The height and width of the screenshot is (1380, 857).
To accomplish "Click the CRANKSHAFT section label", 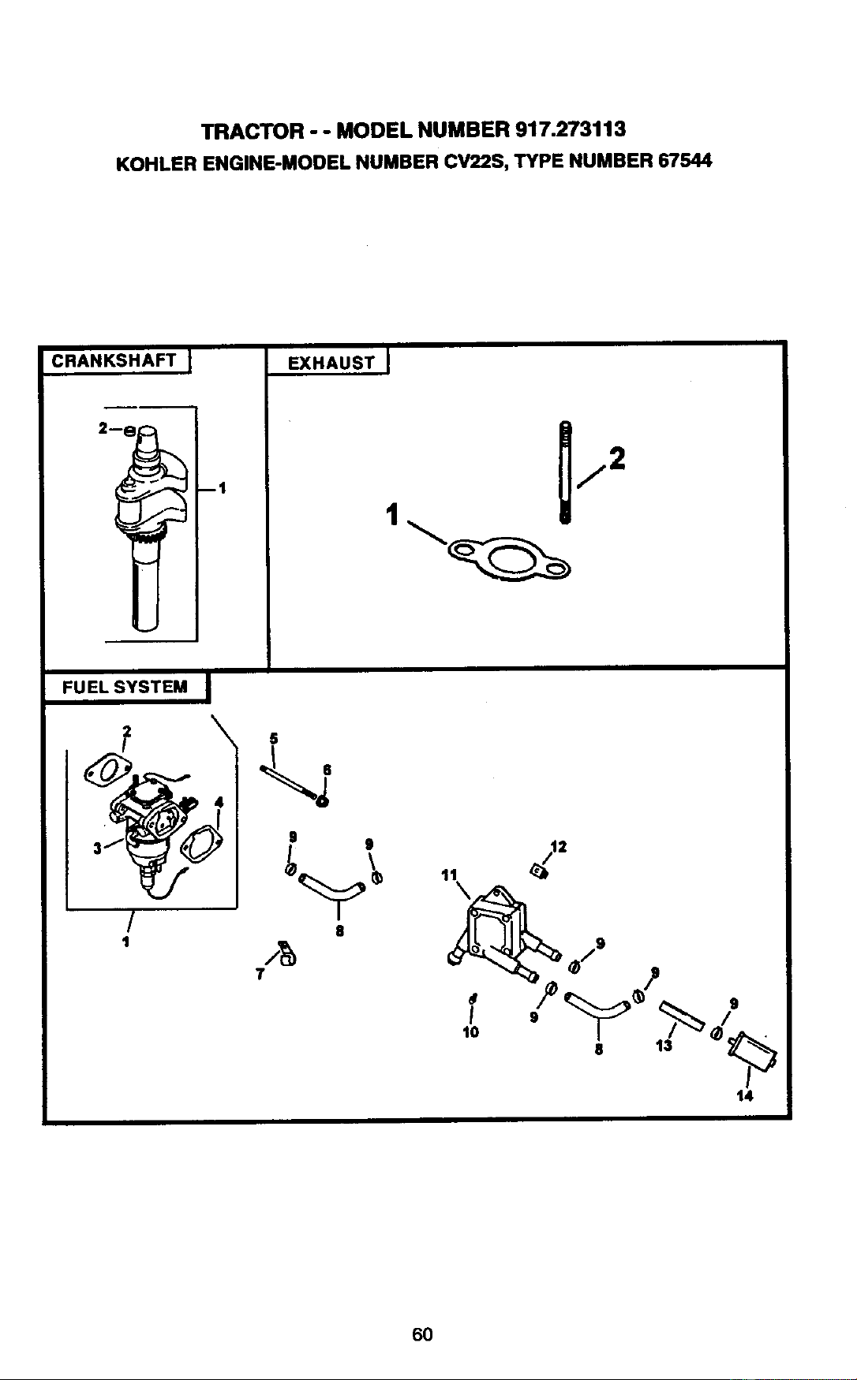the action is (x=113, y=361).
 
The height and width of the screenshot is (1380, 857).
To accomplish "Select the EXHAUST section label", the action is (x=331, y=363).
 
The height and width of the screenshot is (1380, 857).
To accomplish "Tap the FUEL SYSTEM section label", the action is (x=125, y=686).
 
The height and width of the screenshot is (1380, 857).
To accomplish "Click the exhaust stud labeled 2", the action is (x=564, y=472).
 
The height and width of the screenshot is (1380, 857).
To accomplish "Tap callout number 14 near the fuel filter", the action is (x=745, y=1095).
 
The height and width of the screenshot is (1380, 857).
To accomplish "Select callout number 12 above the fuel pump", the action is (x=559, y=848).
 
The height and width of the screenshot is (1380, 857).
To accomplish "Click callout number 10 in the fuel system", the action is (x=470, y=1031).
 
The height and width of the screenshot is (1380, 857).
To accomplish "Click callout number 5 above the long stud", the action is (x=274, y=738).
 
